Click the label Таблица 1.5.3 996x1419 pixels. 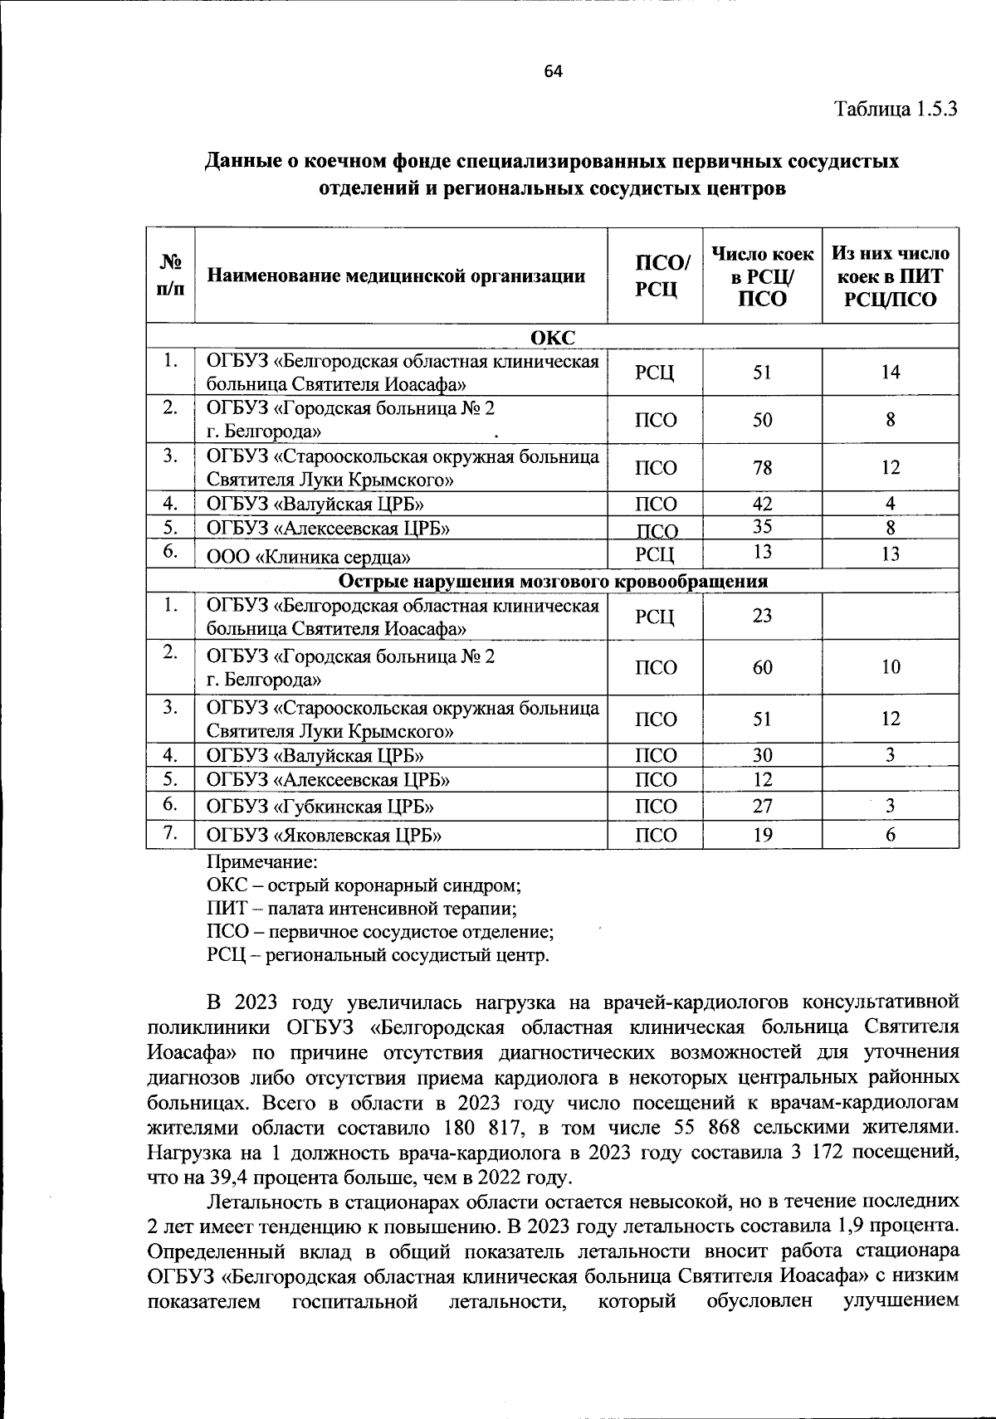896,109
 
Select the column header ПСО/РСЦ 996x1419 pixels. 656,276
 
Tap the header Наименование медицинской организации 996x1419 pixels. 396,276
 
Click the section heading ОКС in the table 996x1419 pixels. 552,336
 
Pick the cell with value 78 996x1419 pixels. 762,468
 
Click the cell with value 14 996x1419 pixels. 890,373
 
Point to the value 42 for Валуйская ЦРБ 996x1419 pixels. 762,504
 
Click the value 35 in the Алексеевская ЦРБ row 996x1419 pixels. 762,527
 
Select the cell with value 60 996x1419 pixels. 762,667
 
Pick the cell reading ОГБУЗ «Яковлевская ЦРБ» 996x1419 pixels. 323,836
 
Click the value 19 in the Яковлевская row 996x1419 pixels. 762,836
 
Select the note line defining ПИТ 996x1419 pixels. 361,909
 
